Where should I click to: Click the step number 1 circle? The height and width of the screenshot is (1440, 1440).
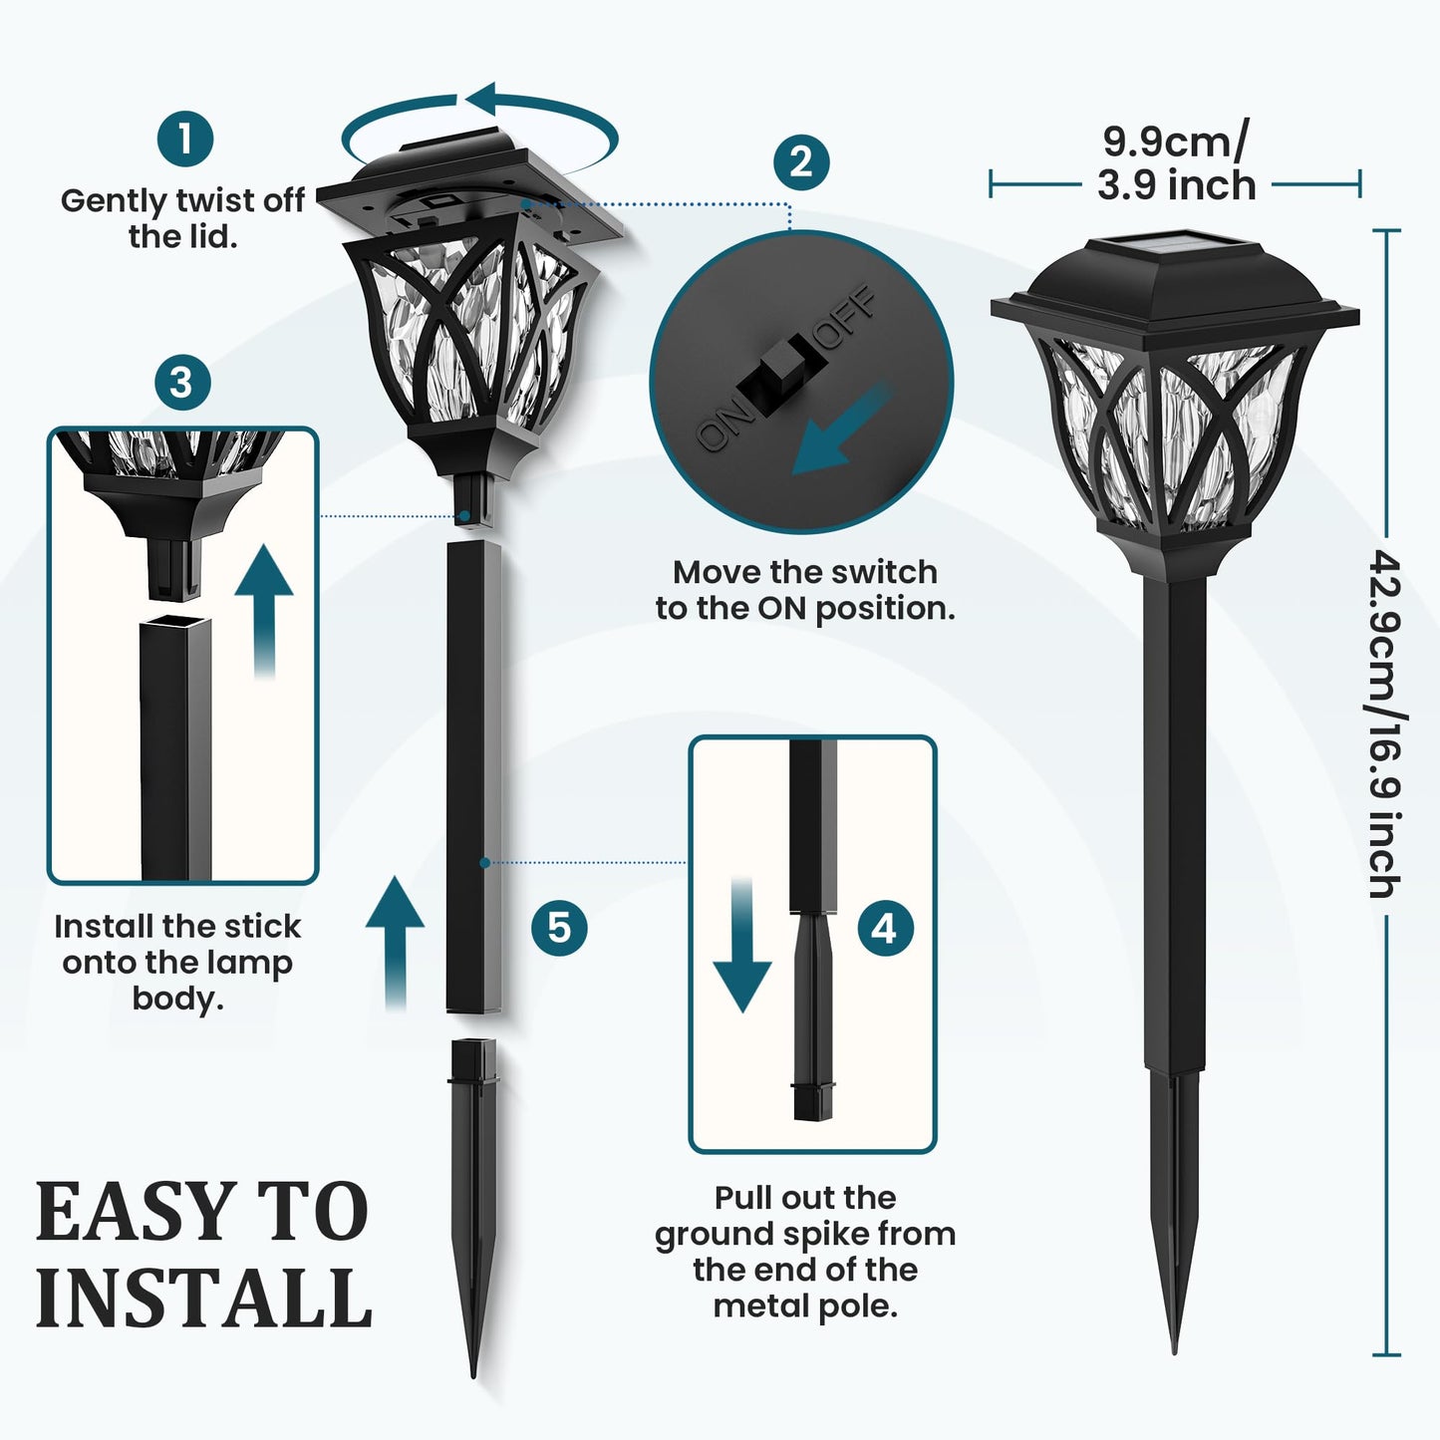(x=185, y=139)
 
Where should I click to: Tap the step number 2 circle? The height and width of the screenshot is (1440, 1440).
(x=801, y=161)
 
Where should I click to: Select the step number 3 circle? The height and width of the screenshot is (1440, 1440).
(x=182, y=383)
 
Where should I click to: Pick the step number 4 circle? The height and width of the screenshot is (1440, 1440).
(x=885, y=929)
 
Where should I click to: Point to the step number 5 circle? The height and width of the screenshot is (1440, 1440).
(x=559, y=928)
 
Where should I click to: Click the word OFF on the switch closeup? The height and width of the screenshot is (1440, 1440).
(x=847, y=318)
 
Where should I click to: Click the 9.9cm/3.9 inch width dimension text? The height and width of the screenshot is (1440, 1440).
(x=1176, y=164)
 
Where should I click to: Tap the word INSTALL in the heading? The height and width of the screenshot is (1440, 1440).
(x=204, y=1297)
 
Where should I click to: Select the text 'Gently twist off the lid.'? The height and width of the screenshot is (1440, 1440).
(x=182, y=218)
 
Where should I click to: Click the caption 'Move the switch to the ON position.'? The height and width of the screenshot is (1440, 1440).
(x=805, y=590)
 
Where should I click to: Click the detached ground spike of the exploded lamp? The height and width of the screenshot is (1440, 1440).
(x=475, y=1196)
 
